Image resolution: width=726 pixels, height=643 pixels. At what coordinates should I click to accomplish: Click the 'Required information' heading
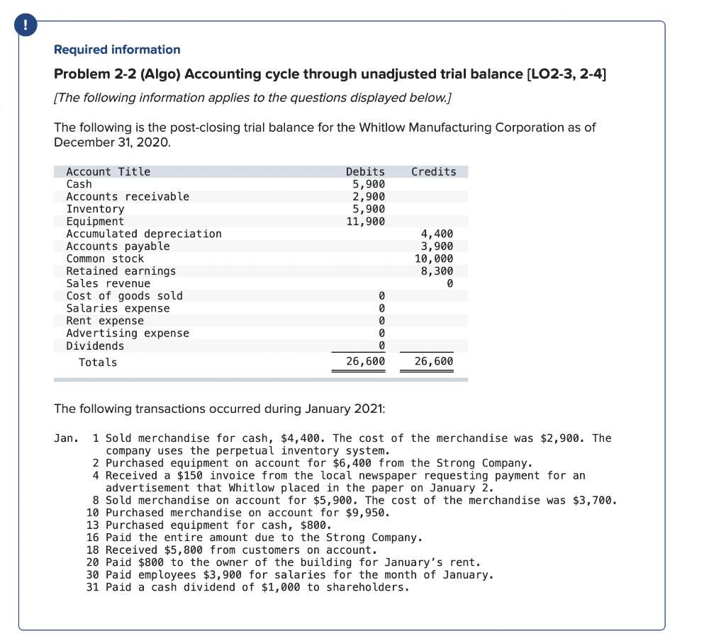[117, 50]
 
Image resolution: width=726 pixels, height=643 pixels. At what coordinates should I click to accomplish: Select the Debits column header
[365, 171]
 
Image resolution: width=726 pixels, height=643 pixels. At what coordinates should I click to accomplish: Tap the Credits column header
[433, 171]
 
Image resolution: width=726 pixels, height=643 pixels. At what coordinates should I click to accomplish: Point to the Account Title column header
[108, 171]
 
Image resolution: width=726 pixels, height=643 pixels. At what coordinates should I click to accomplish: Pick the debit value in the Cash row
[369, 184]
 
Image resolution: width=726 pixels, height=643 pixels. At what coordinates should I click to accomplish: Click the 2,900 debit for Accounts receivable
[369, 197]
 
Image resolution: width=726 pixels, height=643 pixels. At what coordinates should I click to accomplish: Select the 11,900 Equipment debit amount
[366, 222]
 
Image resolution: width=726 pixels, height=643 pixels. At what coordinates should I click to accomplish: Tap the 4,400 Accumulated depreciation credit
[437, 234]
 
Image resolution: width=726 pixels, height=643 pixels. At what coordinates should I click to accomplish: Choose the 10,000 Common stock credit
[433, 258]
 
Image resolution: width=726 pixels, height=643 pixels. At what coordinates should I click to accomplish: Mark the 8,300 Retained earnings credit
[437, 271]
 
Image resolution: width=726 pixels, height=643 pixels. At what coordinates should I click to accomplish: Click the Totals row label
[98, 363]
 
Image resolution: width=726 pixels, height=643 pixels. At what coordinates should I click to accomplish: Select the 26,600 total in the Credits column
[433, 362]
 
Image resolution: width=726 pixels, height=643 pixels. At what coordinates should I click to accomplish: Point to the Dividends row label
[95, 346]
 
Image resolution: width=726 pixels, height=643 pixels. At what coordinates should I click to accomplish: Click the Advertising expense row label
[128, 334]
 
